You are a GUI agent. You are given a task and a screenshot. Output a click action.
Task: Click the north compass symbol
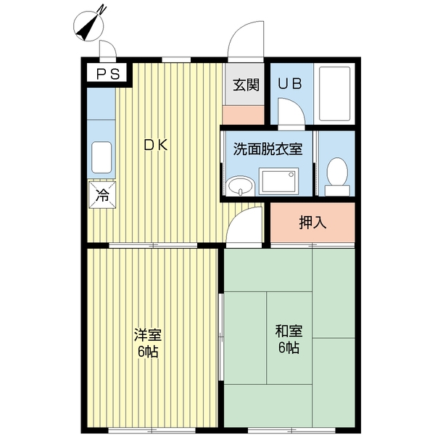[x=90, y=25]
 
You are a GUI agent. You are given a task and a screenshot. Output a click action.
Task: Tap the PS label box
[x=107, y=72]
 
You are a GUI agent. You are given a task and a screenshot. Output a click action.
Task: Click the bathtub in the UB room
[x=335, y=94]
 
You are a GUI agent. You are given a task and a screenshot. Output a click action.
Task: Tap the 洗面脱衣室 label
[x=268, y=148]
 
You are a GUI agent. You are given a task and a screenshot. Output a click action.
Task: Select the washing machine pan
[x=279, y=181]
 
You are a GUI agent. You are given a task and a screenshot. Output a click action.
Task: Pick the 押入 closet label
[x=312, y=223]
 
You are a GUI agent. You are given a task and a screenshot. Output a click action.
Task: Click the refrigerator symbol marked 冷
[x=101, y=194]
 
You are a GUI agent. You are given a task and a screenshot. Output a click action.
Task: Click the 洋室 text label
[x=147, y=335]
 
